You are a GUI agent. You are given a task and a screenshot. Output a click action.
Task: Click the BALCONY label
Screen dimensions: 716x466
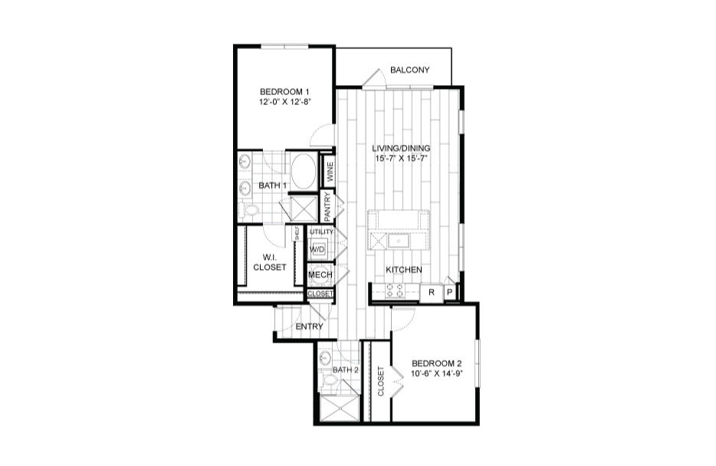pos(409,71)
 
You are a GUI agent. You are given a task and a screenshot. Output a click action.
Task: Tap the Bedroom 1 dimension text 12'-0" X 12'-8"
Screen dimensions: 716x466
pos(285,102)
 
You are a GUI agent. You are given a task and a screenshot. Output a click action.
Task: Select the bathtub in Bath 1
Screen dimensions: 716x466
pos(304,171)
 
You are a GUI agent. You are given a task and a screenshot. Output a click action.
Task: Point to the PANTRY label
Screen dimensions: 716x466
pos(327,207)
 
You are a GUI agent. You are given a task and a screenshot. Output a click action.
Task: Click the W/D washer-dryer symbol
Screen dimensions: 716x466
pos(317,249)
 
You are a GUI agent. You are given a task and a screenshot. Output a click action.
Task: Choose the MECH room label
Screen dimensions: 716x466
pos(320,274)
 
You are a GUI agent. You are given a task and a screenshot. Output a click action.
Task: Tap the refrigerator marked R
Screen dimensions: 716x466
pos(431,293)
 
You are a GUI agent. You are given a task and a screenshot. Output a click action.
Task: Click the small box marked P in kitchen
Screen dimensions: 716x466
pos(450,293)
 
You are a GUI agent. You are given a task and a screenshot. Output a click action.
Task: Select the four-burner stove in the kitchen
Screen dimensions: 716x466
pos(394,290)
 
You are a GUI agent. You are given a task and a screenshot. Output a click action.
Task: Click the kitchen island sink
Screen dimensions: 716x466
pos(399,240)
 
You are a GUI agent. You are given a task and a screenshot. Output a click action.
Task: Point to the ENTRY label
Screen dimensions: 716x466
pos(309,327)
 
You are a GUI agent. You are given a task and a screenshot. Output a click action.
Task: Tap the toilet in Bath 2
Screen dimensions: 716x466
pos(328,379)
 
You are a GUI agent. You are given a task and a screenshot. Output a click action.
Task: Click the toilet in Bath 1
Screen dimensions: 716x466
pos(249,211)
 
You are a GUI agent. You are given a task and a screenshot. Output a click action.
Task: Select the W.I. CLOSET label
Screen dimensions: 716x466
pos(269,263)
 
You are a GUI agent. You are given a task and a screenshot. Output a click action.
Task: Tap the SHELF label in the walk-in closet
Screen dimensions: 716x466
pos(297,234)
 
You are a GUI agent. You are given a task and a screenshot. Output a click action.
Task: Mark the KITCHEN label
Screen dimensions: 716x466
pos(404,270)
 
